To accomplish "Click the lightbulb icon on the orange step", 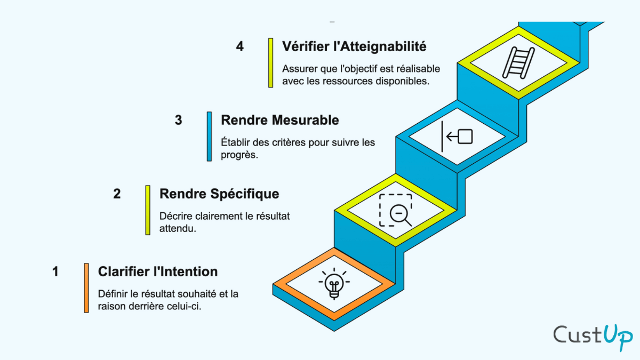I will click(x=334, y=283).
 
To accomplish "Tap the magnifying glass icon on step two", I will click(x=395, y=210).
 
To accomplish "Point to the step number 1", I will click(x=55, y=272).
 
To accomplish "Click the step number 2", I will click(x=117, y=194).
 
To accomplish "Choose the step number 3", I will click(x=178, y=120).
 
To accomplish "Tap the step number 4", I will click(x=240, y=46).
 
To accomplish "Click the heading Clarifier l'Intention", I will click(x=157, y=271).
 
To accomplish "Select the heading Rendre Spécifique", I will click(x=219, y=194).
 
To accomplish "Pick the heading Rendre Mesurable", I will click(x=279, y=120).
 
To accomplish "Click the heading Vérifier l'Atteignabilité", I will click(x=354, y=46).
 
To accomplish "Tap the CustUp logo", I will click(x=593, y=335).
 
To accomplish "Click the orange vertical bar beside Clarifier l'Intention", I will click(x=86, y=288).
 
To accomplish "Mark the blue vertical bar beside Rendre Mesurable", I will click(x=209, y=136).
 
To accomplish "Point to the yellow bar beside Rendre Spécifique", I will click(x=148, y=210).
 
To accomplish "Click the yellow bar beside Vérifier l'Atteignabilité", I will click(x=270, y=62).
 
